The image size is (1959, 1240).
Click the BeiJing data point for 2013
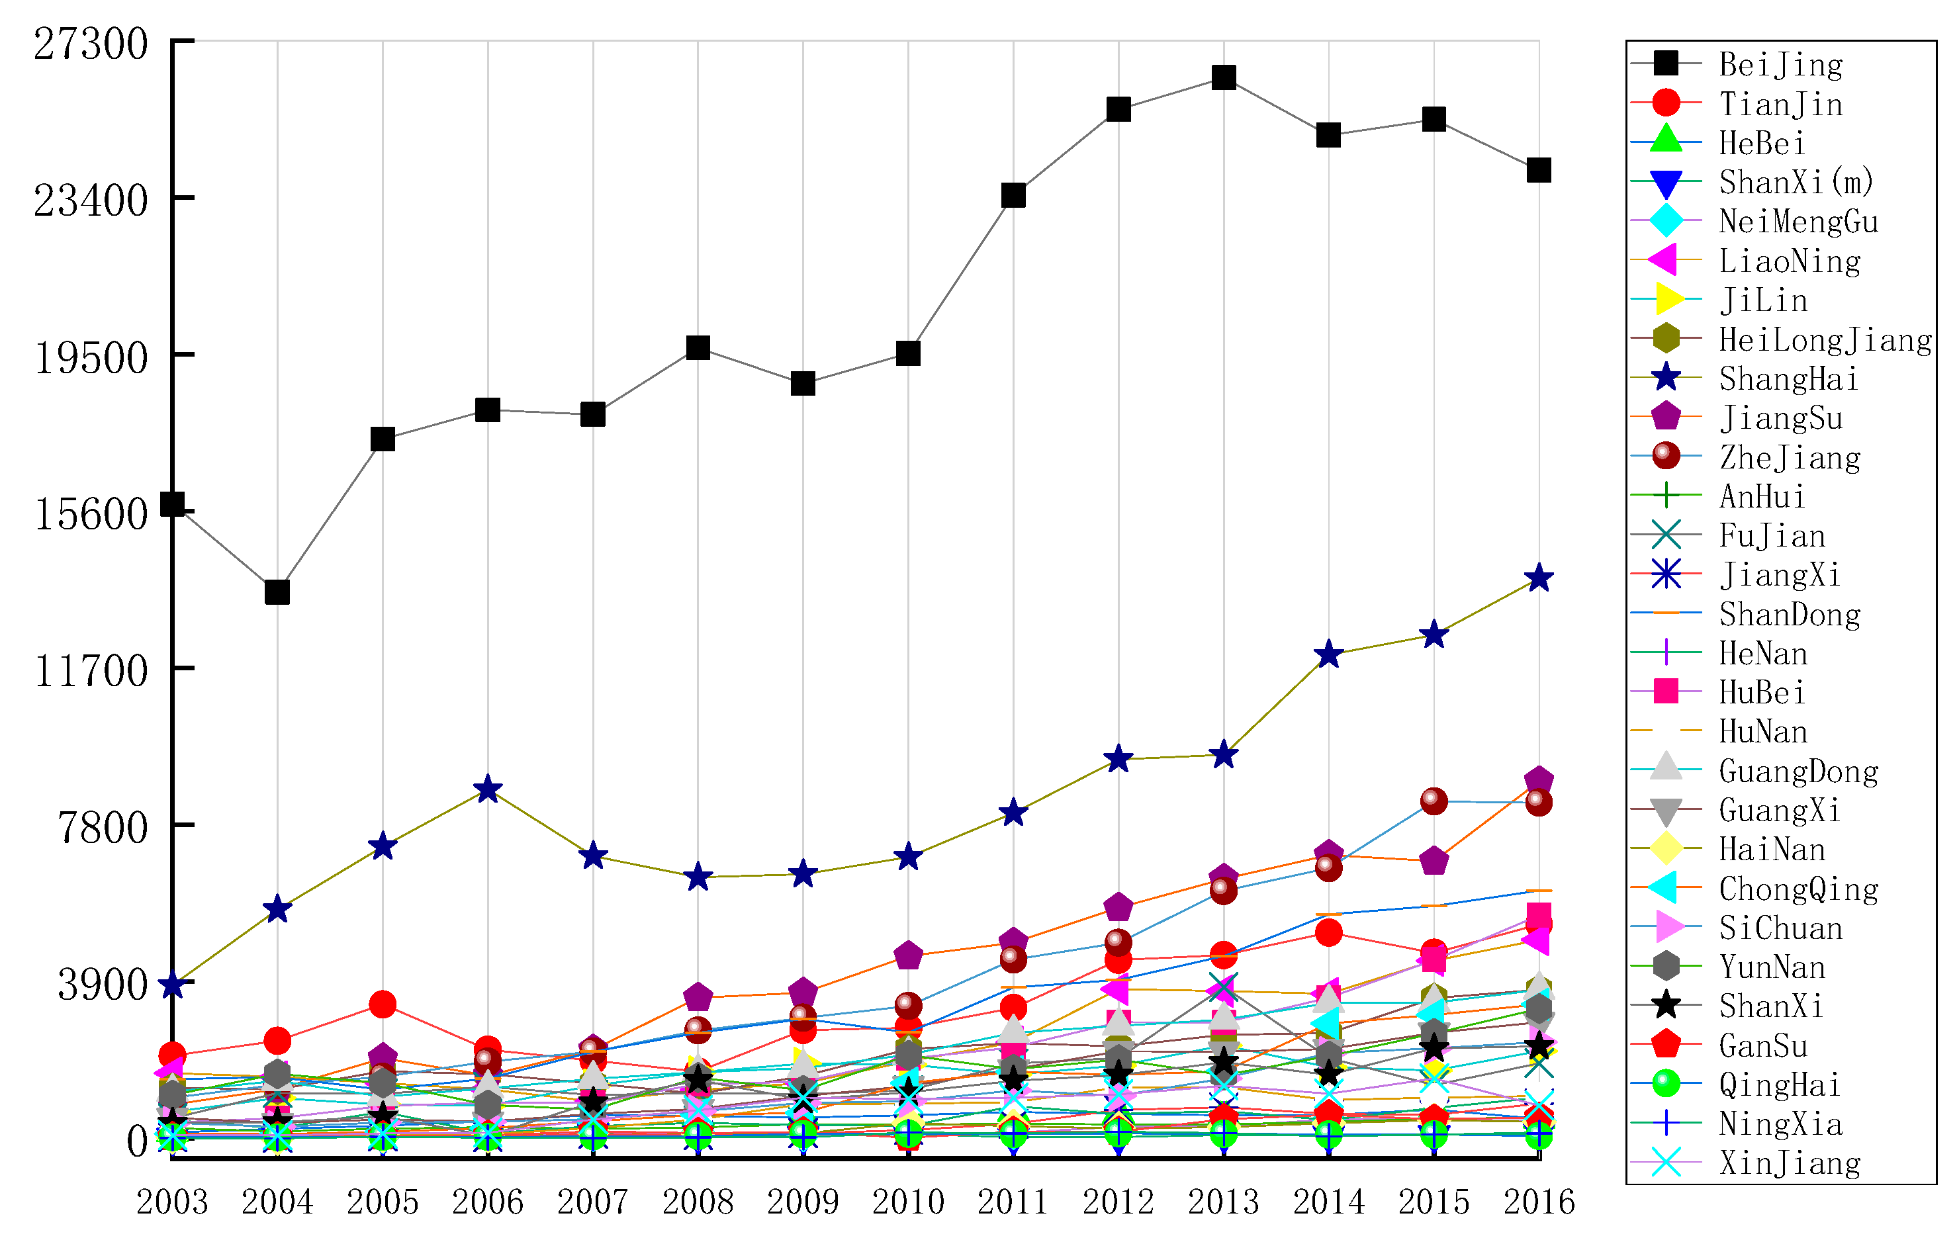pyautogui.click(x=1224, y=78)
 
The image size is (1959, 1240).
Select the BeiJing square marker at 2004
pyautogui.click(x=277, y=592)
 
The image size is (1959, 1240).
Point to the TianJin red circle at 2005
pyautogui.click(x=383, y=1005)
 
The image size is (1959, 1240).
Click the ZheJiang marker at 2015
pyautogui.click(x=1434, y=801)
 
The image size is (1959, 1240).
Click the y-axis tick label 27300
pyautogui.click(x=91, y=44)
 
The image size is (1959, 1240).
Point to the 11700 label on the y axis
pyautogui.click(x=91, y=672)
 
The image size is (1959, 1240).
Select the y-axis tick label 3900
pyautogui.click(x=103, y=985)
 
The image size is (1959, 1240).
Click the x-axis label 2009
pyautogui.click(x=803, y=1202)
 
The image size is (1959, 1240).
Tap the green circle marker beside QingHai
pyautogui.click(x=1666, y=1084)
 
